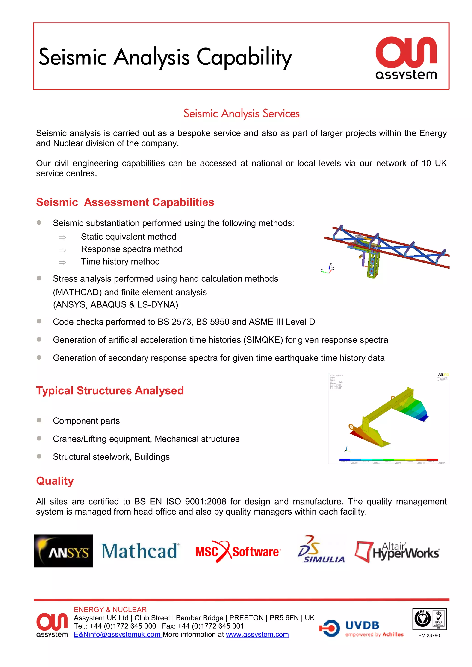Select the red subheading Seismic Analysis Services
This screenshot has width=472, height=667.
click(241, 113)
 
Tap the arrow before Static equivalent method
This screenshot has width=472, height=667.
click(62, 237)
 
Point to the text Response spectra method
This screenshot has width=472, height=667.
click(132, 249)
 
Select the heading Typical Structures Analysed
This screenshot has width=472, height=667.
click(110, 390)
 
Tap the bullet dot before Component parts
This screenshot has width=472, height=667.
click(39, 420)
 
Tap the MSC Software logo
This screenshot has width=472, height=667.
click(237, 551)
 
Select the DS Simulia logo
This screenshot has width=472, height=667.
click(321, 550)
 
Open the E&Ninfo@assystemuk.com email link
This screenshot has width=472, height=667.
click(117, 635)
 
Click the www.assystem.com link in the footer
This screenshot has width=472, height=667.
click(257, 635)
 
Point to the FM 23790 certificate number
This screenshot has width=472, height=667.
click(429, 636)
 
